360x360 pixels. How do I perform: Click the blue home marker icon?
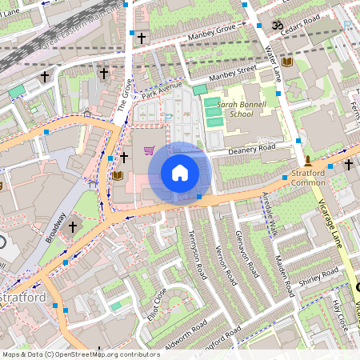pos(180,172)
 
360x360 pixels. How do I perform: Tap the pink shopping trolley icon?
pos(148,150)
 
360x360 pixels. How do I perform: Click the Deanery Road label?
pos(251,147)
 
